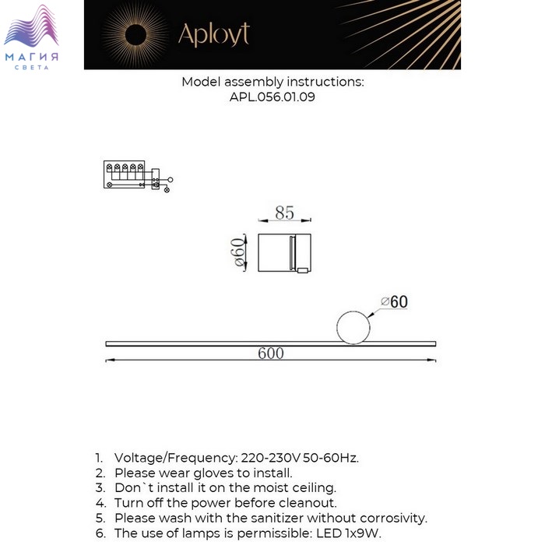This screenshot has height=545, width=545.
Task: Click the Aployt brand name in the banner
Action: click(213, 33)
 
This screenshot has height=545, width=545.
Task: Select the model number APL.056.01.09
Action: click(272, 97)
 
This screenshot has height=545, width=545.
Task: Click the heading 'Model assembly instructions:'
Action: click(272, 82)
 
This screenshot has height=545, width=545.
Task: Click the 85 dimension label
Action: click(284, 212)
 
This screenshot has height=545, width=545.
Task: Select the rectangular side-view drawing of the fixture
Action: click(284, 252)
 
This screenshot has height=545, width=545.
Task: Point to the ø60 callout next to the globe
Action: click(394, 302)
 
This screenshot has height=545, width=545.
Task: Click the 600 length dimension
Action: click(270, 353)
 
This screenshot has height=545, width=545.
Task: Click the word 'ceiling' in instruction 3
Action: click(311, 487)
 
